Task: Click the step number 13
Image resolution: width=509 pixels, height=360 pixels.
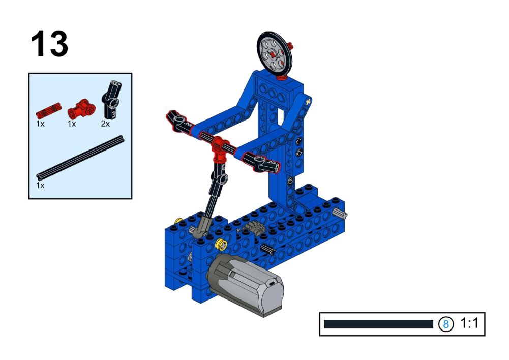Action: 49,44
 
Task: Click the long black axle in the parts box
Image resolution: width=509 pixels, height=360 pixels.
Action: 80,158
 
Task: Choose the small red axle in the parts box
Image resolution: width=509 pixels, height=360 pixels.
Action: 49,111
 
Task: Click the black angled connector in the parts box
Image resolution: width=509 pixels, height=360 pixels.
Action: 111,100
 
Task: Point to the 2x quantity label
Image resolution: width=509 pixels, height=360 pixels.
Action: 105,124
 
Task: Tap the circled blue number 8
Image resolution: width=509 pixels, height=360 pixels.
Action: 446,324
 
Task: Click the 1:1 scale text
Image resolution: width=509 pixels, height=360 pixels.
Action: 469,323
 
